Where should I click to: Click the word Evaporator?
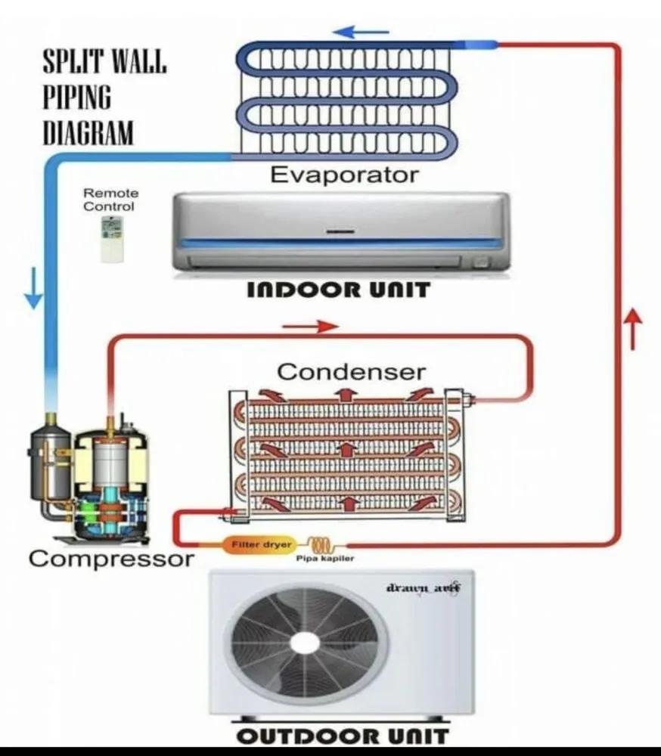(344, 175)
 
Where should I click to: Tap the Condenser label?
(351, 371)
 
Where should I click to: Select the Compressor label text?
(111, 559)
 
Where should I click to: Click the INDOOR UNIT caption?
(339, 290)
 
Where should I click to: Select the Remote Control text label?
(110, 200)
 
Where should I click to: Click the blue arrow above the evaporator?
(361, 33)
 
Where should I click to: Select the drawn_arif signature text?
(424, 587)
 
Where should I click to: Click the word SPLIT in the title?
(70, 64)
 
